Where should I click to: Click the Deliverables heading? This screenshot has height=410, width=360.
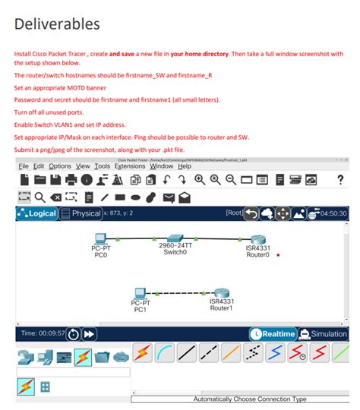(57, 24)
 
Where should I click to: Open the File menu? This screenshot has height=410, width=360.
(24, 166)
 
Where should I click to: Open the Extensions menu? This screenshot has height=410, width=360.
(130, 166)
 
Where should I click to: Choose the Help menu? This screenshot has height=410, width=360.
(185, 166)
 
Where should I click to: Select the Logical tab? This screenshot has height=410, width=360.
(36, 213)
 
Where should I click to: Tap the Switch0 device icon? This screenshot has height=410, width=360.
(175, 238)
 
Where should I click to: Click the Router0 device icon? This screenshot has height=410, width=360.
(258, 239)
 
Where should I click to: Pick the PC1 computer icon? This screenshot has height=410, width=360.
(140, 293)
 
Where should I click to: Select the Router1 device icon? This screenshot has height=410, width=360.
(221, 293)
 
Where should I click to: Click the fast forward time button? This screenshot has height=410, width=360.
(90, 334)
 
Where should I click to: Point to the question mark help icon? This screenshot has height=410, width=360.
(339, 180)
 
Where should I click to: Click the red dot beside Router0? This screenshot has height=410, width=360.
(279, 255)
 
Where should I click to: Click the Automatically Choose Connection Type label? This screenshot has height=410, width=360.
(250, 399)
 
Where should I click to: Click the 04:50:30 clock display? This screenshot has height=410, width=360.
(333, 213)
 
